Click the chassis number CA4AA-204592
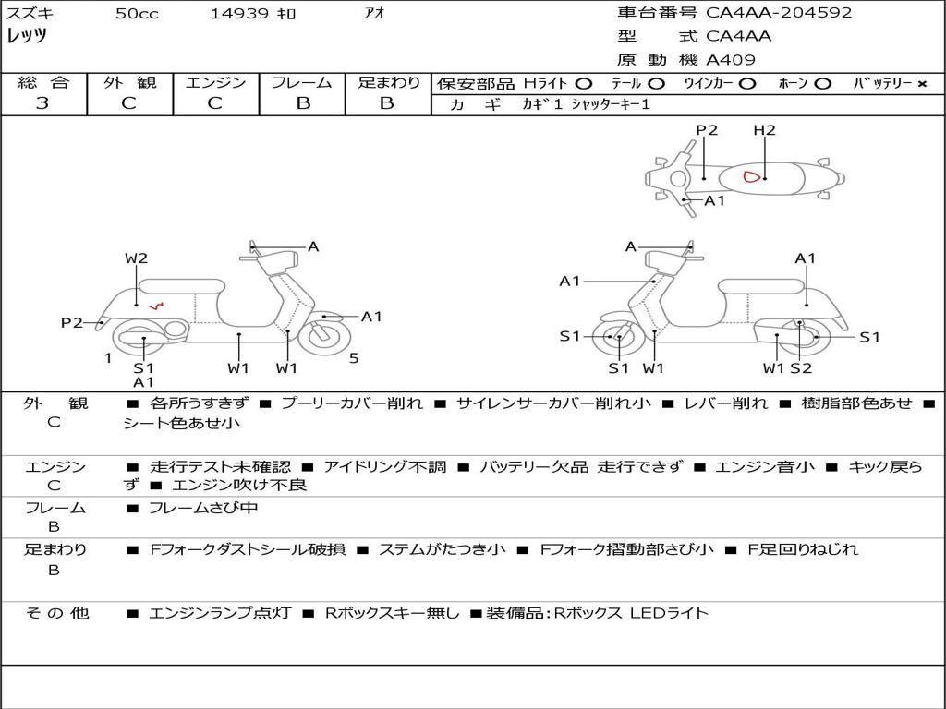pyautogui.click(x=778, y=13)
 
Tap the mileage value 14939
pyautogui.click(x=239, y=13)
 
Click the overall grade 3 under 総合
pyautogui.click(x=42, y=103)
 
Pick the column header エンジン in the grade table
pyautogui.click(x=215, y=82)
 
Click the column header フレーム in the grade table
pyautogui.click(x=302, y=82)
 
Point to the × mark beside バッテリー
pyautogui.click(x=922, y=84)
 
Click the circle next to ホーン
pyautogui.click(x=822, y=84)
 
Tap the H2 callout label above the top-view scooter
pyautogui.click(x=764, y=130)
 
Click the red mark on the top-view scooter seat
pyautogui.click(x=751, y=177)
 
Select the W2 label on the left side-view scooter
pyautogui.click(x=137, y=258)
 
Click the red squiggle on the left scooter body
pyautogui.click(x=156, y=306)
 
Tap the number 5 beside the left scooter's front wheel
pyautogui.click(x=354, y=358)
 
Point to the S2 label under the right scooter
pyautogui.click(x=801, y=367)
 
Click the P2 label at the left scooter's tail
pyautogui.click(x=72, y=323)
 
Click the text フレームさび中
pyautogui.click(x=203, y=509)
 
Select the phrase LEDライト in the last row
pyautogui.click(x=669, y=613)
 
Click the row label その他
pyautogui.click(x=57, y=613)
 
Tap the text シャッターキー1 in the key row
pyautogui.click(x=611, y=104)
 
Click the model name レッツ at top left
pyautogui.click(x=27, y=36)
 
